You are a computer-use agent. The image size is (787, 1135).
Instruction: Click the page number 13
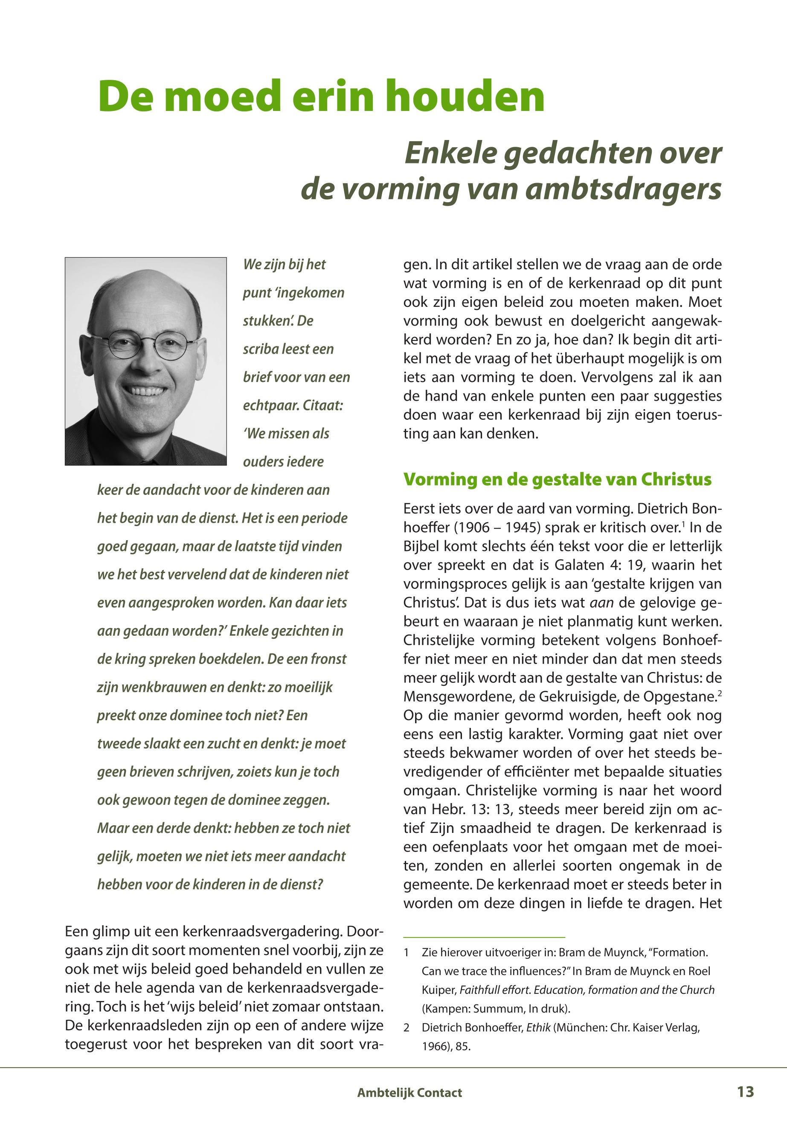(745, 1091)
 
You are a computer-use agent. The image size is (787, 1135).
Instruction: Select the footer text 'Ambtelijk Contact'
(409, 1093)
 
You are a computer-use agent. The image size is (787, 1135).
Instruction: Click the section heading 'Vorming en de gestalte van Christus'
(557, 480)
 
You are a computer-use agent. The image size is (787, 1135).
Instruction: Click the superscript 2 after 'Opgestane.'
(720, 692)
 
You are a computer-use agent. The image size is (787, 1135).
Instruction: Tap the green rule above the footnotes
(484, 936)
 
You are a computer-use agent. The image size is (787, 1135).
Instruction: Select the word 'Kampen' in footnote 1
(442, 1009)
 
